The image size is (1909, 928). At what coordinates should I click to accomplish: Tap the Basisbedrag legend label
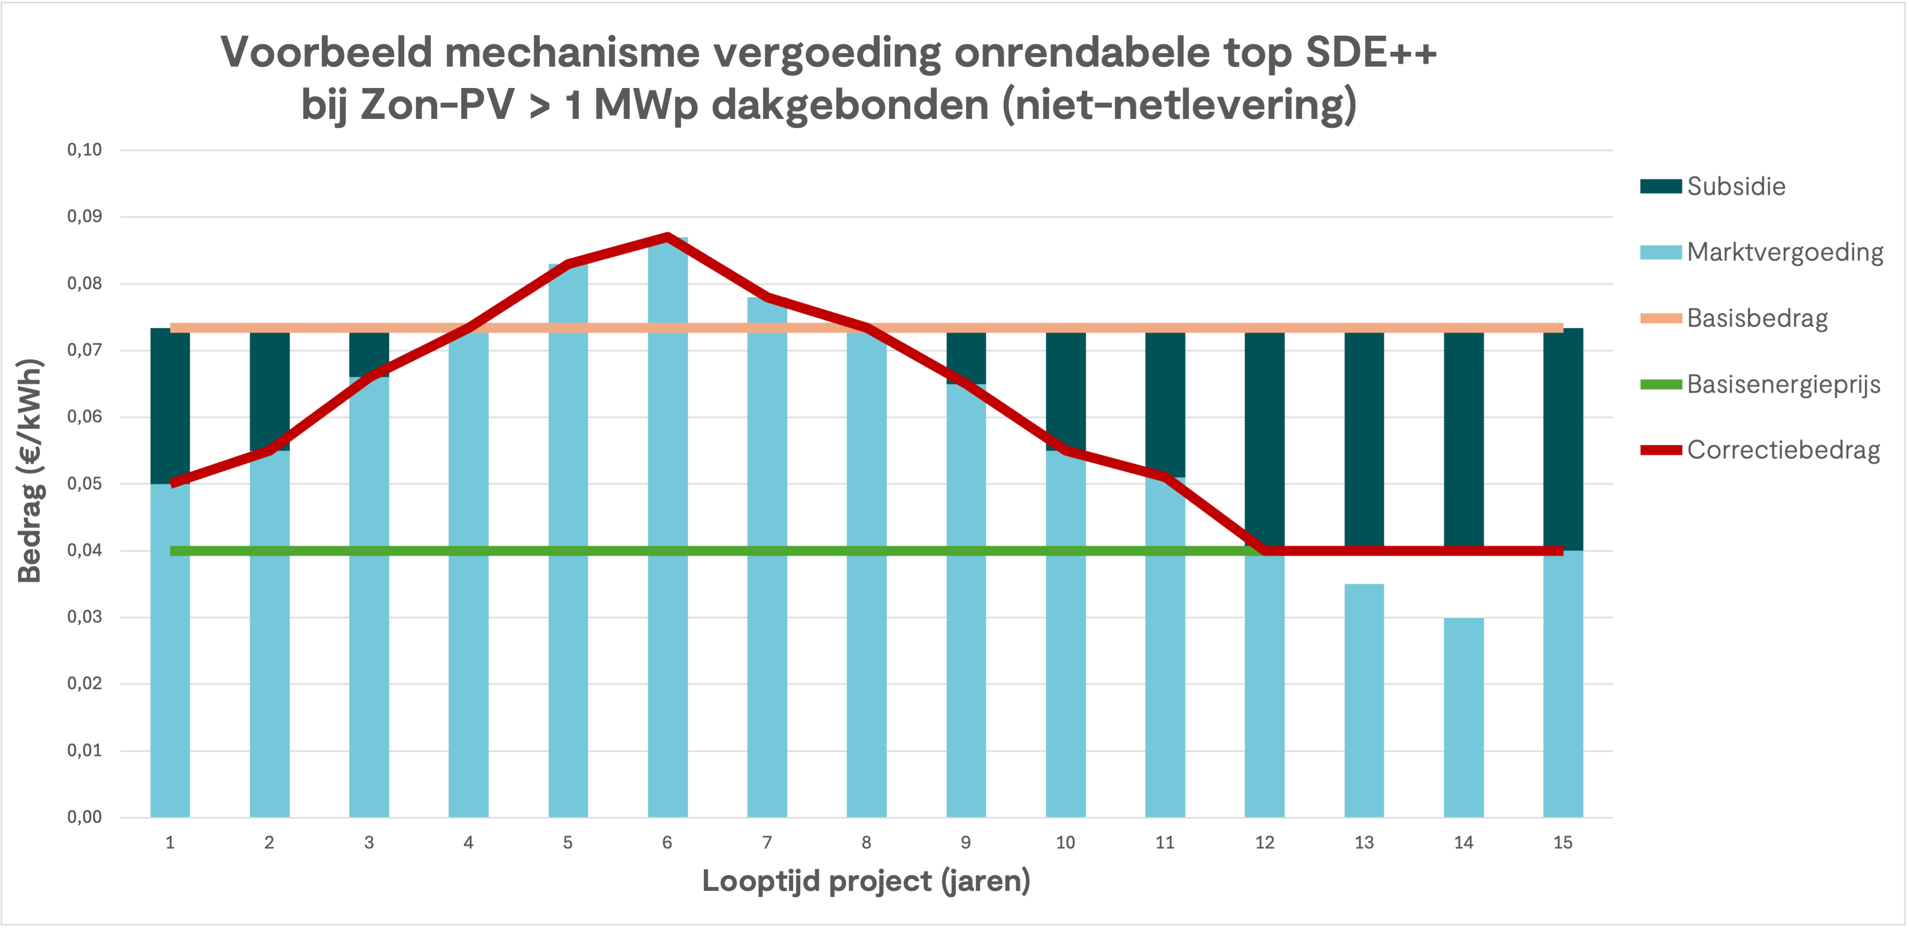click(1756, 318)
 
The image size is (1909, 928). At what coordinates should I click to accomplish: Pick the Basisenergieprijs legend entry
click(1783, 384)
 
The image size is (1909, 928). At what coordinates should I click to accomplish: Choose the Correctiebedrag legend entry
click(1783, 450)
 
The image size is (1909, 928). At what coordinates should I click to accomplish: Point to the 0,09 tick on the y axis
click(85, 216)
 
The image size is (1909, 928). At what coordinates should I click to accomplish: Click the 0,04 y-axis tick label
click(85, 550)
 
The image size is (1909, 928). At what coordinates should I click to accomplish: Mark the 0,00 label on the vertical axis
click(85, 817)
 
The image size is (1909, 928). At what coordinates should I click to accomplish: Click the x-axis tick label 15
click(1563, 843)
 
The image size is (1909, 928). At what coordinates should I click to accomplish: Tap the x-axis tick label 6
click(667, 843)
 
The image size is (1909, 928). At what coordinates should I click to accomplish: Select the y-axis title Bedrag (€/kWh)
click(29, 471)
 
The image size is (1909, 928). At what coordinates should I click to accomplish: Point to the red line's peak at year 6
click(668, 237)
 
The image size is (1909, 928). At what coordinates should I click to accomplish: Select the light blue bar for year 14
click(1463, 719)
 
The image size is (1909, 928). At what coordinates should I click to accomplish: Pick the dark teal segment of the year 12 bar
click(1264, 437)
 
